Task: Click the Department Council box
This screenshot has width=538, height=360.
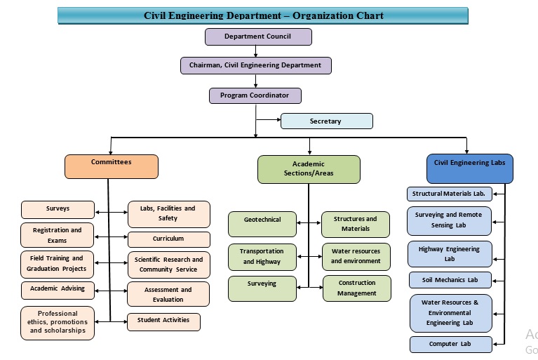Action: click(x=258, y=36)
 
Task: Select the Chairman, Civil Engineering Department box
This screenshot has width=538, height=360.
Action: click(x=255, y=65)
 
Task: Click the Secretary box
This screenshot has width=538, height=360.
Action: click(x=326, y=121)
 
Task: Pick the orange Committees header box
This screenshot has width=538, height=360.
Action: click(x=112, y=166)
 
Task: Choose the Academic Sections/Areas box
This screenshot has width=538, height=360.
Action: click(x=309, y=169)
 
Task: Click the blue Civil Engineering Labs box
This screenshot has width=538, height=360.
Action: click(x=469, y=166)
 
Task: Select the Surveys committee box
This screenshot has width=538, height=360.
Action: click(x=58, y=209)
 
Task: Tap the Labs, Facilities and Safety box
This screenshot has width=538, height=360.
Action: click(x=168, y=213)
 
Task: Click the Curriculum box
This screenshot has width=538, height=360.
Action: click(x=168, y=239)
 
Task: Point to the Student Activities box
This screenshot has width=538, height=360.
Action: click(x=163, y=322)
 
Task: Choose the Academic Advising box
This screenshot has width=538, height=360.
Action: click(x=58, y=289)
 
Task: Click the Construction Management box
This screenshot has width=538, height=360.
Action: click(x=356, y=288)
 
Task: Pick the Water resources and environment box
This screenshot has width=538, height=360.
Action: click(x=356, y=256)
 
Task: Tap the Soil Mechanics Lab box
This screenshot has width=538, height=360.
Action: click(x=449, y=280)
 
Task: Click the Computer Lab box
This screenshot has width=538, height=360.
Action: click(x=450, y=345)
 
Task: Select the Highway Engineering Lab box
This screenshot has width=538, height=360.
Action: click(x=449, y=254)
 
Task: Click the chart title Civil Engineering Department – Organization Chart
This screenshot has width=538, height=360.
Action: click(x=263, y=15)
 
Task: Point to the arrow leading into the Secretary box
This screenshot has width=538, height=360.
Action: click(x=269, y=121)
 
